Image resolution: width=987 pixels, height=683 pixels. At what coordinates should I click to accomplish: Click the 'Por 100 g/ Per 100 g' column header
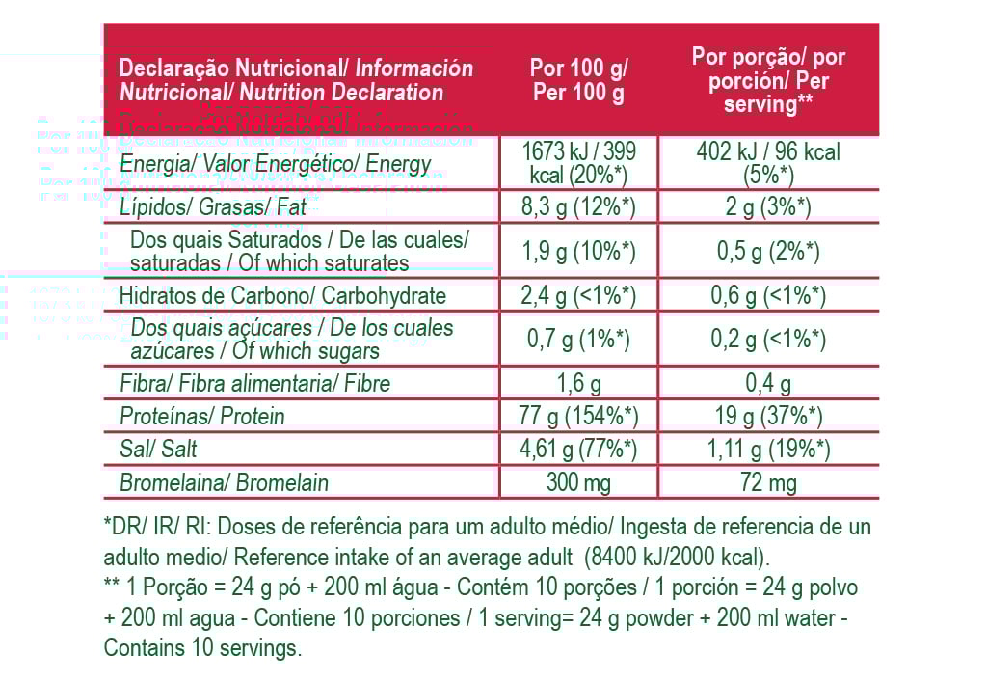578,80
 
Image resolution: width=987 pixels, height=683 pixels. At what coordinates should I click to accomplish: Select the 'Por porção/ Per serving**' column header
768,80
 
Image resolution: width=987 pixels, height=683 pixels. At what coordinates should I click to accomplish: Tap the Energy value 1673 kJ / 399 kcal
578,163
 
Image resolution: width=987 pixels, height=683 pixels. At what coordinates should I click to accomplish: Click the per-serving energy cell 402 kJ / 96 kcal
768,163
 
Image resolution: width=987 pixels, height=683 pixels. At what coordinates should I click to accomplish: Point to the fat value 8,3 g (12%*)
578,207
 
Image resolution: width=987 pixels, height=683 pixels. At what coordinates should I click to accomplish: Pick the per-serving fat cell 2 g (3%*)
768,207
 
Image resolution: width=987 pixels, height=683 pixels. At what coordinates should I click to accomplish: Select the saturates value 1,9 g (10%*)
578,252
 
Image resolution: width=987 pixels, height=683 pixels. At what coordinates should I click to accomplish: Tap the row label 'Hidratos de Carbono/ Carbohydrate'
282,296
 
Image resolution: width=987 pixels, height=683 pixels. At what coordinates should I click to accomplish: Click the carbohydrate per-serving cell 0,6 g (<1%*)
768,296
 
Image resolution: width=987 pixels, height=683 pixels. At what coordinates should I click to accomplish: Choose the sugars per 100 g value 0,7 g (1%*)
578,340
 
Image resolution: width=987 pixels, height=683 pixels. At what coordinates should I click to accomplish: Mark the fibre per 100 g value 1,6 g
578,384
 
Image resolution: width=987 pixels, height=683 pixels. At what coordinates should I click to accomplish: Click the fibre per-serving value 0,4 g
768,384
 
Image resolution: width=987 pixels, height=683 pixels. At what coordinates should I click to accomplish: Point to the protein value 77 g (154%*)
578,417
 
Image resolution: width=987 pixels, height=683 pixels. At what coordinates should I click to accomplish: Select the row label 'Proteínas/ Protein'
201,417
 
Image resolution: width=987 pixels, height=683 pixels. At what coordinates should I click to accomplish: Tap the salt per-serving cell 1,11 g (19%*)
768,450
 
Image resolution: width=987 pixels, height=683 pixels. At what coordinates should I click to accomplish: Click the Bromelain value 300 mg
578,482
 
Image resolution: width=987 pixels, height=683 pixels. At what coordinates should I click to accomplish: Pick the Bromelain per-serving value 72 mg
768,482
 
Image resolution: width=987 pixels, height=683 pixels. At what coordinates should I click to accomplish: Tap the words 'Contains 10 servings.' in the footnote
202,648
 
